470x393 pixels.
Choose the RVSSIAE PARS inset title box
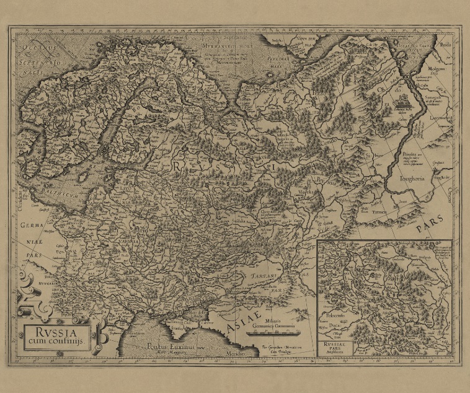pyautogui.click(x=334, y=345)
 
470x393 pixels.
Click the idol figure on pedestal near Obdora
pyautogui.click(x=404, y=101)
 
